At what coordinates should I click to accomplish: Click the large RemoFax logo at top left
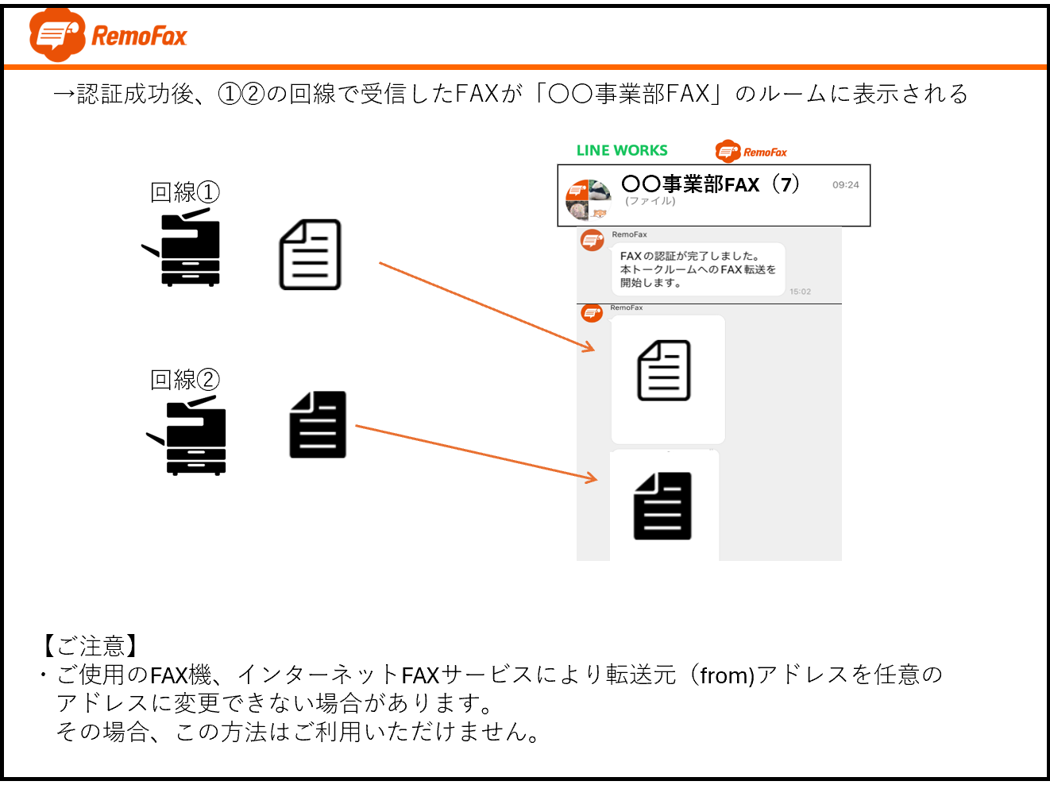(x=108, y=35)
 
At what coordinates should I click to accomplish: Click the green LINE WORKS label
(x=622, y=150)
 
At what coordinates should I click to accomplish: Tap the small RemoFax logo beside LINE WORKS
(x=751, y=151)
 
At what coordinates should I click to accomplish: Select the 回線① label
(x=184, y=192)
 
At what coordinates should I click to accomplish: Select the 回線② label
(x=184, y=380)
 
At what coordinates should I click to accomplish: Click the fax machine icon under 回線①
(x=182, y=248)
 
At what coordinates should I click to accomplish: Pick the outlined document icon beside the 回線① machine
(x=311, y=254)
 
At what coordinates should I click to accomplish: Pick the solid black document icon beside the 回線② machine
(x=318, y=424)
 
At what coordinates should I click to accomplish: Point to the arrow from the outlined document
(x=486, y=306)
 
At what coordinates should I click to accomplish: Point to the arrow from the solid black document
(x=477, y=452)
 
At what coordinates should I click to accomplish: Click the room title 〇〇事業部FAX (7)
(x=710, y=184)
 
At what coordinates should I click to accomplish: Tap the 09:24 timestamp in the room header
(x=845, y=185)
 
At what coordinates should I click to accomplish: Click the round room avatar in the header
(x=589, y=199)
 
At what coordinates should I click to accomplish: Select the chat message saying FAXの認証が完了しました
(x=697, y=269)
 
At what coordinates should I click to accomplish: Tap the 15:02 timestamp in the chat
(x=800, y=292)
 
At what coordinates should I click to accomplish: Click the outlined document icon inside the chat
(x=664, y=370)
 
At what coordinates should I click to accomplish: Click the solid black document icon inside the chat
(x=662, y=506)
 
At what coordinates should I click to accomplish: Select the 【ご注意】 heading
(x=90, y=646)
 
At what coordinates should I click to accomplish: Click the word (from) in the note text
(x=727, y=675)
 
